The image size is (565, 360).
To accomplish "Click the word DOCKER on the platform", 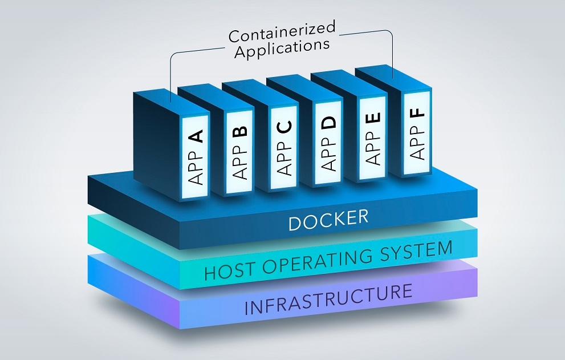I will click(328, 219).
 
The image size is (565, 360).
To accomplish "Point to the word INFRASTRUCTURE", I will click(328, 300).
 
